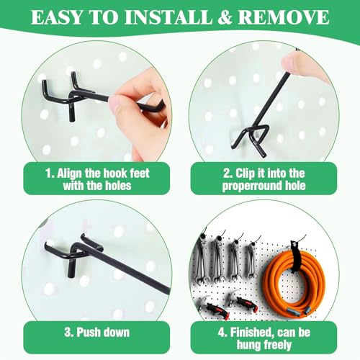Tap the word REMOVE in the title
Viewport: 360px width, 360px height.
point(284,17)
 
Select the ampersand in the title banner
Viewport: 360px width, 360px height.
point(225,17)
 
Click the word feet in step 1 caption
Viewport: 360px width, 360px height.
point(140,174)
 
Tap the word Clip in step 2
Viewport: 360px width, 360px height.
point(245,174)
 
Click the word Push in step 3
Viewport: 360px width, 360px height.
point(88,333)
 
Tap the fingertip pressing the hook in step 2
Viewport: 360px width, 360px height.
point(292,63)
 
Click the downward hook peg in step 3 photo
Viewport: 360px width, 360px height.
point(71,269)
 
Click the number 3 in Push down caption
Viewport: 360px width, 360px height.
point(68,333)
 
